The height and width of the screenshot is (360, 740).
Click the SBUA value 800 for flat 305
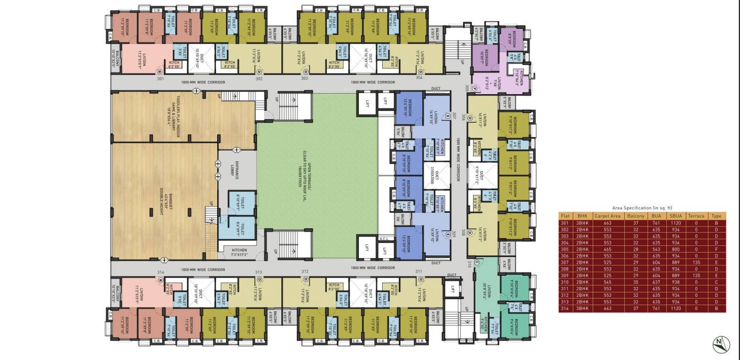pyautogui.click(x=675, y=249)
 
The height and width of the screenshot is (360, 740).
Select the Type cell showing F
pyautogui.click(x=717, y=249)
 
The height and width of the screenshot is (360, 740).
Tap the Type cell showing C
pyautogui.click(x=717, y=281)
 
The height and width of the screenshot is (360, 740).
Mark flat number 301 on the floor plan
pyautogui.click(x=161, y=79)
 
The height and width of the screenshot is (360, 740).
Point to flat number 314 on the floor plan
pyautogui.click(x=161, y=272)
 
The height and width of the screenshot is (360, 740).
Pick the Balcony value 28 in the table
pyautogui.click(x=634, y=249)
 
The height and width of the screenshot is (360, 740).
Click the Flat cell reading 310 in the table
pyautogui.click(x=565, y=281)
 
